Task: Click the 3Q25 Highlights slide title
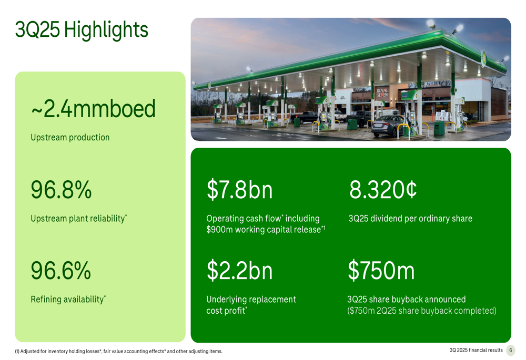[82, 30]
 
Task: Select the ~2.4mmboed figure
[93, 109]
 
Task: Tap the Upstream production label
[70, 138]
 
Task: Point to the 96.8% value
[61, 190]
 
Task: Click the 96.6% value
[61, 271]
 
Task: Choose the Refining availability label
[68, 300]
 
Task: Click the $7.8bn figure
[239, 190]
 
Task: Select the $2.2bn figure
[239, 271]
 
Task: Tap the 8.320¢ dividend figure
[383, 190]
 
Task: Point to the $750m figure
[381, 271]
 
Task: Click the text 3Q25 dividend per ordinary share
[410, 219]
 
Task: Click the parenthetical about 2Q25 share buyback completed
[422, 311]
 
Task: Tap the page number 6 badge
[510, 351]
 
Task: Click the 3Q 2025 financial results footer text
[476, 351]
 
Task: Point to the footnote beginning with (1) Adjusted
[118, 352]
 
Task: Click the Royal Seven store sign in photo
[382, 94]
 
